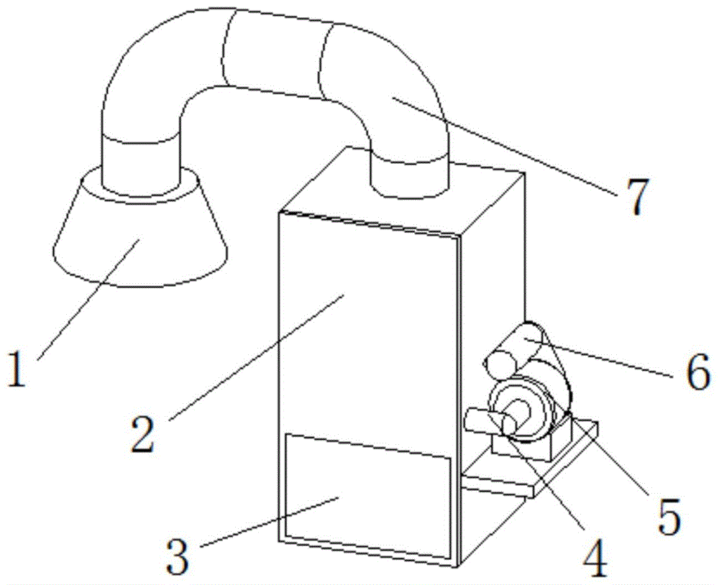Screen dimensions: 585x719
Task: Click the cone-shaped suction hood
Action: tap(140, 237)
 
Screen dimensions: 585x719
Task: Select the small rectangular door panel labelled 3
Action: tap(367, 496)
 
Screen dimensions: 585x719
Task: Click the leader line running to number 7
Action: tap(503, 144)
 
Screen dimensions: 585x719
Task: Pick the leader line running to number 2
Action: tap(259, 352)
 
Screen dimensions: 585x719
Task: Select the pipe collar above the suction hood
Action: tap(140, 162)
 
